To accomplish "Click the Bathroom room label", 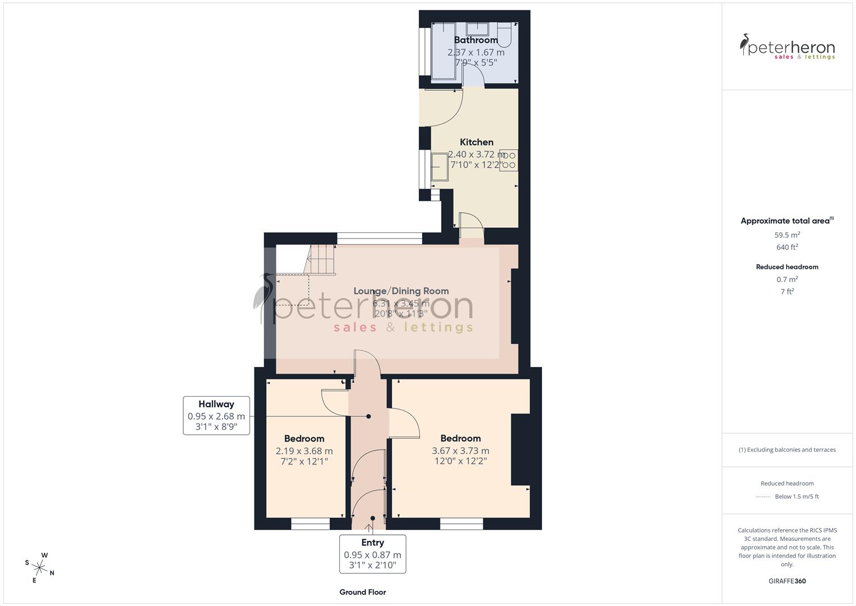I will point(476,40).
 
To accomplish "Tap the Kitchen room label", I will point(476,142).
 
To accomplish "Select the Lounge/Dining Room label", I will point(401,291).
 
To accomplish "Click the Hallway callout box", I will point(216,415).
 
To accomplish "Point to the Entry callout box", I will point(372,553).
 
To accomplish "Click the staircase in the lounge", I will point(321,260).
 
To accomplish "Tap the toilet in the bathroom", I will point(504,36).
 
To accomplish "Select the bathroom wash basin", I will point(477,29).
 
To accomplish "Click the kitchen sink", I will point(440,167).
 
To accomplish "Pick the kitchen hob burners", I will point(508,160).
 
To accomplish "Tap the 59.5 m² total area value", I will point(787,235).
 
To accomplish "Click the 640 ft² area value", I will point(787,247).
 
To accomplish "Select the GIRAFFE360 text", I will point(787,581).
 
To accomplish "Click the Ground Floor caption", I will point(363,592).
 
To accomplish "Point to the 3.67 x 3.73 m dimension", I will point(460,451).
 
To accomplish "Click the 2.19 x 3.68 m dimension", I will point(304,451).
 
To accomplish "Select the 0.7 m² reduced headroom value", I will point(787,279).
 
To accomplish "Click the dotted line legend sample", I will point(763,497).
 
